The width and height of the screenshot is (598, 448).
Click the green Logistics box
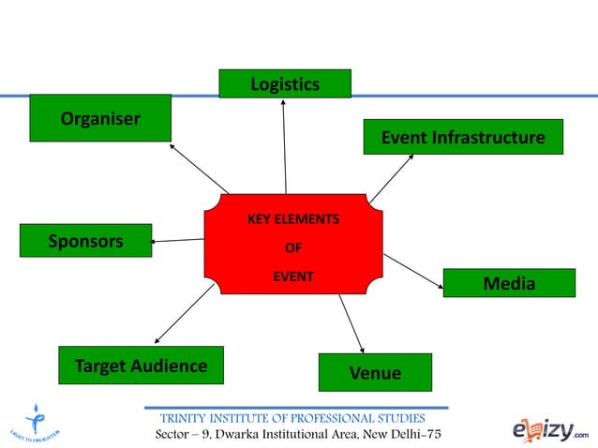click(285, 83)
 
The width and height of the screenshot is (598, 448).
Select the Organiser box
click(100, 118)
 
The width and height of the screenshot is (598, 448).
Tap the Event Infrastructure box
click(462, 137)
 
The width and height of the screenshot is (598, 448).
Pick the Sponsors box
click(85, 241)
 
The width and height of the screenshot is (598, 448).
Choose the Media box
click(508, 283)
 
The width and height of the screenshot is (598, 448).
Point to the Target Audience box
click(141, 366)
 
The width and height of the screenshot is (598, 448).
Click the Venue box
click(375, 372)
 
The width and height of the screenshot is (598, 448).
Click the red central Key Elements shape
click(293, 244)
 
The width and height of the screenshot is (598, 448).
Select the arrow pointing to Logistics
click(284, 145)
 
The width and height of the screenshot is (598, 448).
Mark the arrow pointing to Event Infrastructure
click(391, 178)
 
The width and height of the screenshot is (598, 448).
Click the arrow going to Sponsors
click(178, 241)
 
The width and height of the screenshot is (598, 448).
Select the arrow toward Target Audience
click(185, 314)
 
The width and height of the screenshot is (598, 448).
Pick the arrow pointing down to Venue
click(351, 323)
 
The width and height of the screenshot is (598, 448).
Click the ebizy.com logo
click(549, 429)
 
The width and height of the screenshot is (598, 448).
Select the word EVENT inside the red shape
click(292, 276)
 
